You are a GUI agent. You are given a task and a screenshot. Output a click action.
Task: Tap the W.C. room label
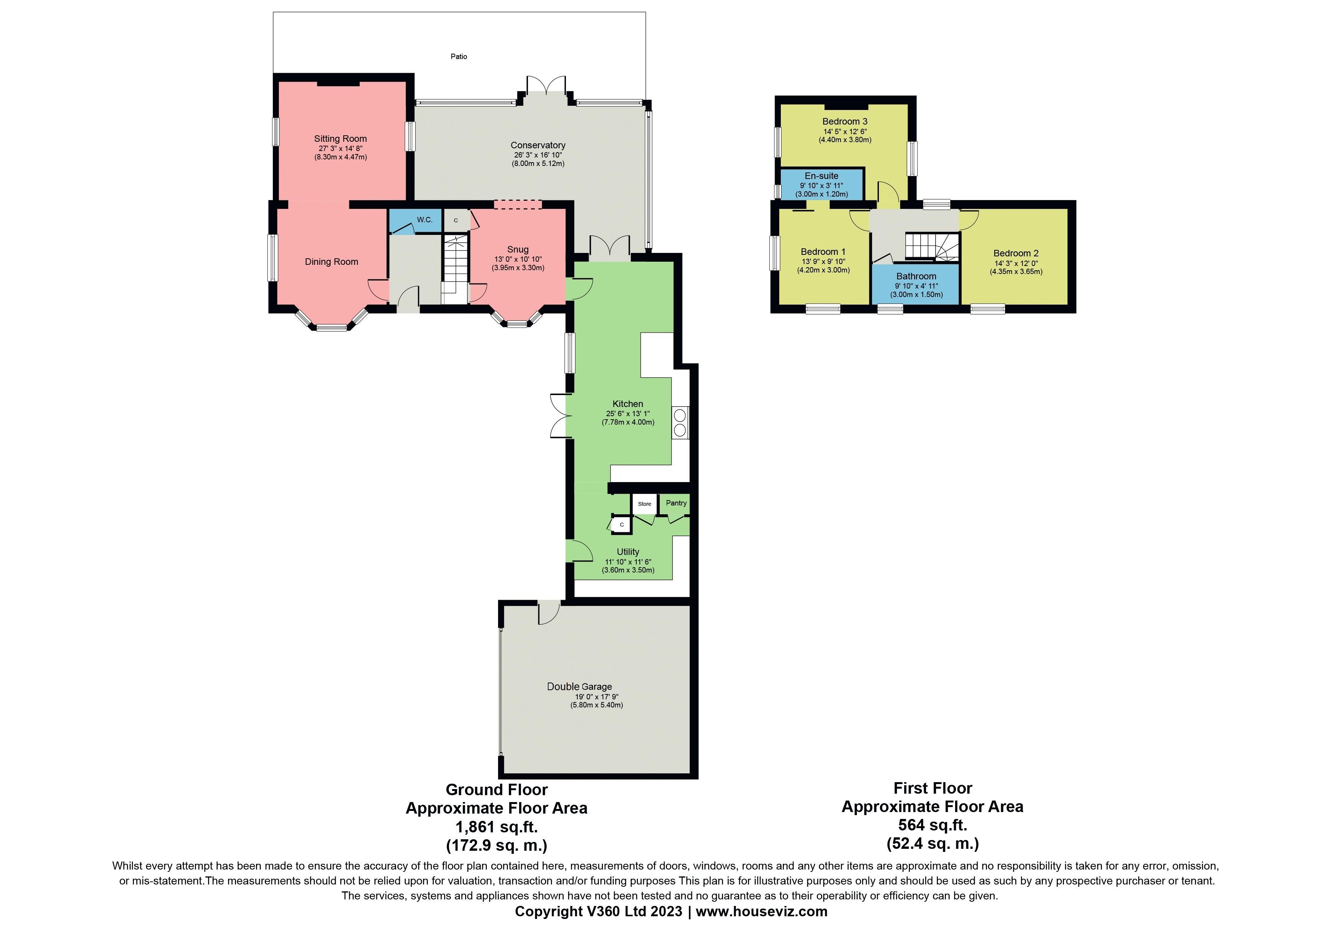(x=425, y=220)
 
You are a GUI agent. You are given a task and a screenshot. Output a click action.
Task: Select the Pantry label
(x=676, y=503)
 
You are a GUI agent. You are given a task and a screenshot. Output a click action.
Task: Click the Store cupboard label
(x=644, y=504)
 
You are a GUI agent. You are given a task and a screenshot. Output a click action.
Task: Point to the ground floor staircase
(x=455, y=266)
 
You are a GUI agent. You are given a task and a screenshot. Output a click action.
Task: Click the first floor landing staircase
(x=931, y=246)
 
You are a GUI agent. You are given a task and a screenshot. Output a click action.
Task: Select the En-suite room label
(x=821, y=176)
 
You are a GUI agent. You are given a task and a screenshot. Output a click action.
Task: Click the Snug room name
(x=518, y=249)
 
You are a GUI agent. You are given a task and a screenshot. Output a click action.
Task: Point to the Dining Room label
(x=331, y=262)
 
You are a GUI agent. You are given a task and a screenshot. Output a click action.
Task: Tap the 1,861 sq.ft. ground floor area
(x=497, y=827)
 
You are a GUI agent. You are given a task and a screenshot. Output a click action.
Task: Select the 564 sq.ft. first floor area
(x=933, y=825)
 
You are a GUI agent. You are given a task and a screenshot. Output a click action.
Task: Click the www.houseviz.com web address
(x=762, y=911)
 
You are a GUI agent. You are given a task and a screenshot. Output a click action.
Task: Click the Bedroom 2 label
(x=1016, y=253)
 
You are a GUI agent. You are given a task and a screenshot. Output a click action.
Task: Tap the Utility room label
(x=628, y=551)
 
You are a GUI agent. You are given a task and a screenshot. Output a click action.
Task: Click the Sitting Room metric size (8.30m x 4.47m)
(x=340, y=157)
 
